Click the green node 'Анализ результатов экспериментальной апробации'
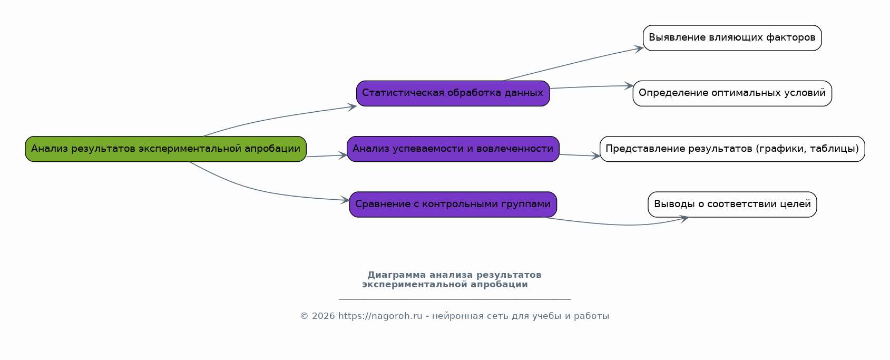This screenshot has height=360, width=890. [165, 149]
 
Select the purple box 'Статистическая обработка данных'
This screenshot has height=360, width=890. [453, 93]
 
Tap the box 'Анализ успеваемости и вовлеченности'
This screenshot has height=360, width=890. [453, 149]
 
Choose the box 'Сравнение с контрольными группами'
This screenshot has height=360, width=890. [453, 205]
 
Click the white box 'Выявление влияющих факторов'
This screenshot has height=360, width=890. [732, 38]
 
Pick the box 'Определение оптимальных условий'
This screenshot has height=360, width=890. [732, 93]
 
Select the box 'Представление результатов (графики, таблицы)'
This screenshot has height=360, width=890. [732, 149]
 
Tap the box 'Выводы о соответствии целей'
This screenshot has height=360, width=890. [732, 205]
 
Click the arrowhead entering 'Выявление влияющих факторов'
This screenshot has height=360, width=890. [639, 48]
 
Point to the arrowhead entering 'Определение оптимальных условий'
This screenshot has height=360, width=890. [629, 85]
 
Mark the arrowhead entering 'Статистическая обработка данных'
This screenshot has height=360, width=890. [353, 106]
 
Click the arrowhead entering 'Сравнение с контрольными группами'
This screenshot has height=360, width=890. [345, 200]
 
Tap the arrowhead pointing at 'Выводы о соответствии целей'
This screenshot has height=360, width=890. [683, 219]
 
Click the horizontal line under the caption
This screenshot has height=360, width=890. [454, 299]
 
